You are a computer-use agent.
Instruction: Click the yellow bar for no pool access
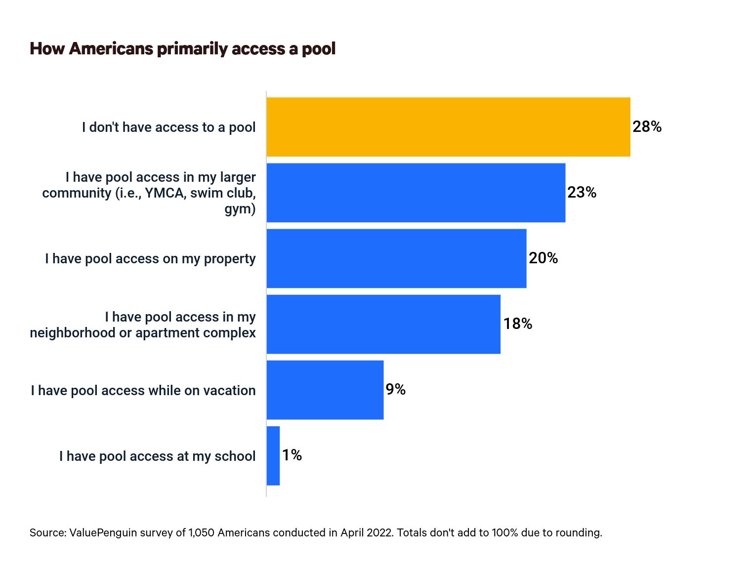[448, 127]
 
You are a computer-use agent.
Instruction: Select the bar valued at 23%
[416, 193]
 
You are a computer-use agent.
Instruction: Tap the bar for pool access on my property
[396, 258]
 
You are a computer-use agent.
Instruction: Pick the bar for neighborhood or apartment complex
[383, 324]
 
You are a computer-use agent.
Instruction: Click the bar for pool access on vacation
[325, 390]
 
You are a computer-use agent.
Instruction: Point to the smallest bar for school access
[273, 455]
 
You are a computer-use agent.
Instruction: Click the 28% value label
[647, 127]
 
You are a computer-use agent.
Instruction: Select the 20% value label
[543, 258]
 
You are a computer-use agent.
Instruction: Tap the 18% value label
[517, 324]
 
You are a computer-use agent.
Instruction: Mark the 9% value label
[395, 390]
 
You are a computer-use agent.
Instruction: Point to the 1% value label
[292, 455]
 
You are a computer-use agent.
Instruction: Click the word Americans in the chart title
[111, 49]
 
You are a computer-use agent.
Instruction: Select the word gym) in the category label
[240, 209]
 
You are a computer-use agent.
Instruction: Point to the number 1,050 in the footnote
[201, 532]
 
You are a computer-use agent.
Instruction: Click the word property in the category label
[229, 259]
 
